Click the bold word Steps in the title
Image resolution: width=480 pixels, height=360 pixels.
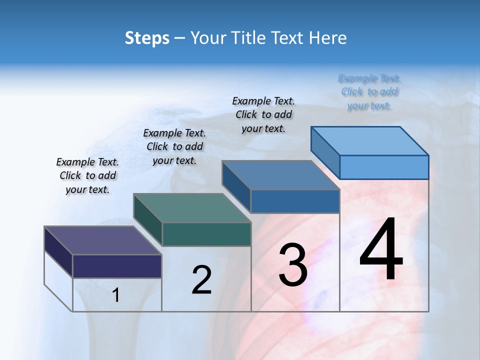(147, 38)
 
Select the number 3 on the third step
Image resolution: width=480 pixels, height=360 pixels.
(293, 264)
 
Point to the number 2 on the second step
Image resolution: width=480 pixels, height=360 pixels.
(202, 280)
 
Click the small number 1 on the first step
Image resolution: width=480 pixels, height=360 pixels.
(115, 295)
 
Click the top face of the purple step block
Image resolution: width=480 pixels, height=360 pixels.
(103, 240)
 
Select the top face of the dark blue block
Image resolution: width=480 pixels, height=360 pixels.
(280, 175)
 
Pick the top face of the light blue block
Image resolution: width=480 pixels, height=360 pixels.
(369, 140)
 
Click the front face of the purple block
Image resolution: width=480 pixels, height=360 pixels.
(117, 266)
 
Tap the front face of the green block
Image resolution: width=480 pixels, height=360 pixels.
(206, 234)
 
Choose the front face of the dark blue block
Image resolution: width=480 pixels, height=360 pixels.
(295, 201)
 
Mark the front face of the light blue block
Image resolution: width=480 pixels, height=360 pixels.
(384, 167)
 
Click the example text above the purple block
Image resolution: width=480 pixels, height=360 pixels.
(87, 175)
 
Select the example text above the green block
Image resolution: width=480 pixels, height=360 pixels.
(174, 146)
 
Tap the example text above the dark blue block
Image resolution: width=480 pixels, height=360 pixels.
(263, 114)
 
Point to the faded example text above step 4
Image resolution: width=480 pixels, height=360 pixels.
(369, 92)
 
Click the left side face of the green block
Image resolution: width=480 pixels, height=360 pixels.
(148, 219)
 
